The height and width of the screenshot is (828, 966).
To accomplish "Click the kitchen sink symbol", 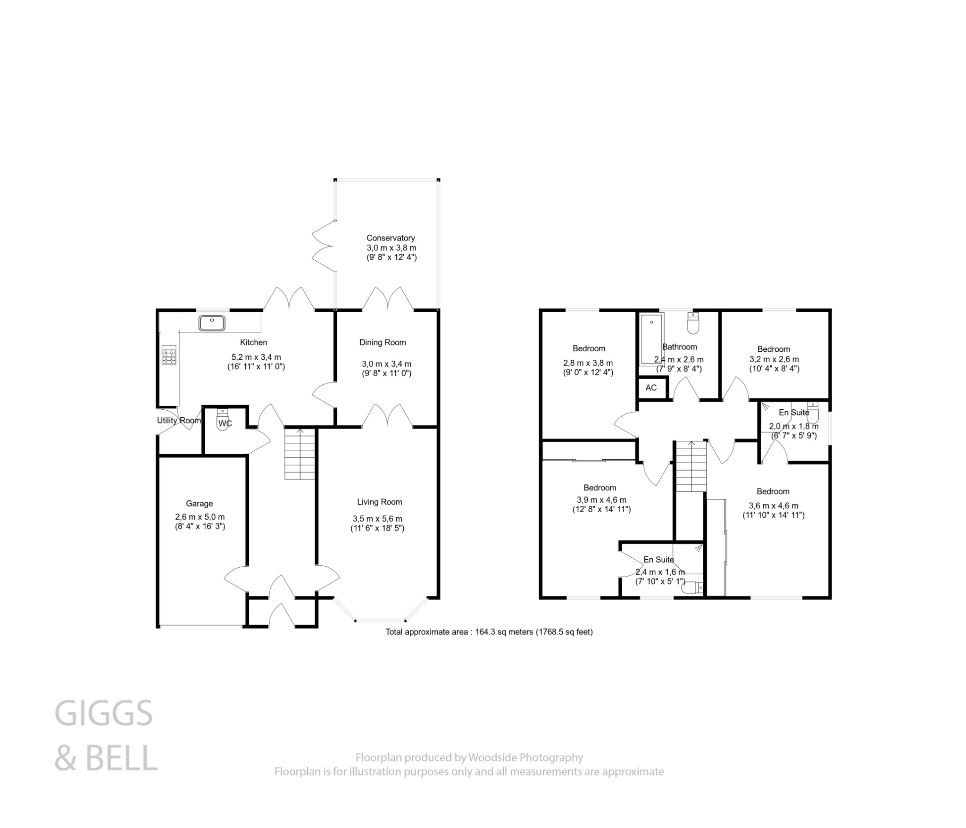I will click(x=212, y=323).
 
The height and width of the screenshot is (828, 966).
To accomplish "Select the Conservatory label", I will click(x=391, y=238).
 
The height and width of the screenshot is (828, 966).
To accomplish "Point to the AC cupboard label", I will click(x=651, y=388).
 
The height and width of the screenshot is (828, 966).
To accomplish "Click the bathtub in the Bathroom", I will click(x=651, y=339).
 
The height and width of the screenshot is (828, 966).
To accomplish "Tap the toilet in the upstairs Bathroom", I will click(x=693, y=323).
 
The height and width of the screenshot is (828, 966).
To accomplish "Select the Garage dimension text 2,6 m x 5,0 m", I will click(x=200, y=517).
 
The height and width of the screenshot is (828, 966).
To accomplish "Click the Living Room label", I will click(x=379, y=502).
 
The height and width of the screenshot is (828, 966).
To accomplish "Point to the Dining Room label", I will click(x=383, y=342).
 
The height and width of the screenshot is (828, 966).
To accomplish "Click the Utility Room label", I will click(x=179, y=421).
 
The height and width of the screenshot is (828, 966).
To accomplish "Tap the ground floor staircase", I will click(x=300, y=454).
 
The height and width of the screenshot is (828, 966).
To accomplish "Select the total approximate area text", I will click(x=489, y=632).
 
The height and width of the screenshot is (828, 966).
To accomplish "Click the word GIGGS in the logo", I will click(x=104, y=713).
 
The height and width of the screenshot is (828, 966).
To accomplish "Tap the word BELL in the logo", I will click(x=121, y=758).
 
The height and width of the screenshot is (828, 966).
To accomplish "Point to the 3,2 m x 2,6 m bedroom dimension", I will click(x=774, y=359).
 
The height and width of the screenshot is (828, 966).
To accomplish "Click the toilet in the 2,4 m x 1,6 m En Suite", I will click(x=693, y=588).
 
